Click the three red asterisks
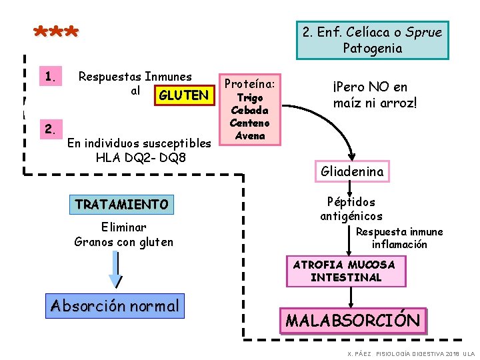(57, 32)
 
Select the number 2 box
(50, 127)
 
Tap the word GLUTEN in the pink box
(183, 95)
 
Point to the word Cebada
(250, 111)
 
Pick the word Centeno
(250, 123)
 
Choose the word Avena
(250, 135)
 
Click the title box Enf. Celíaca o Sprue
(372, 40)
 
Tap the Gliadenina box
(353, 171)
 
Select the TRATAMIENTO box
(122, 204)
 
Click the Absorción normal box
(115, 306)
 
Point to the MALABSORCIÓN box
(353, 320)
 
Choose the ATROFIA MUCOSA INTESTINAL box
(345, 271)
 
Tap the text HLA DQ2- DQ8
(141, 158)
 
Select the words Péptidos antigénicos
(351, 209)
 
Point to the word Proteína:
(250, 83)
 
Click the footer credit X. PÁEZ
(359, 353)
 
